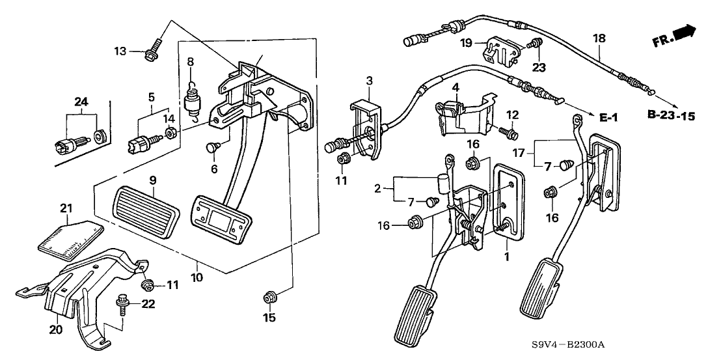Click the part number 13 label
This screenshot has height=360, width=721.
tap(120, 51)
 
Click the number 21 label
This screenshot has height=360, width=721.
tap(65, 208)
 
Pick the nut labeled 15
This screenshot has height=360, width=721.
tap(269, 298)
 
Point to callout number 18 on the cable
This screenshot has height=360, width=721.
tap(597, 38)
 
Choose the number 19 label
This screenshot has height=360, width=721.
tap(465, 43)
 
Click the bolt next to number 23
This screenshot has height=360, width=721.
tap(535, 44)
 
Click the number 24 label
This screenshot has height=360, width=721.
tap(81, 101)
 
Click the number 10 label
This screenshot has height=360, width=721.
tap(197, 278)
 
